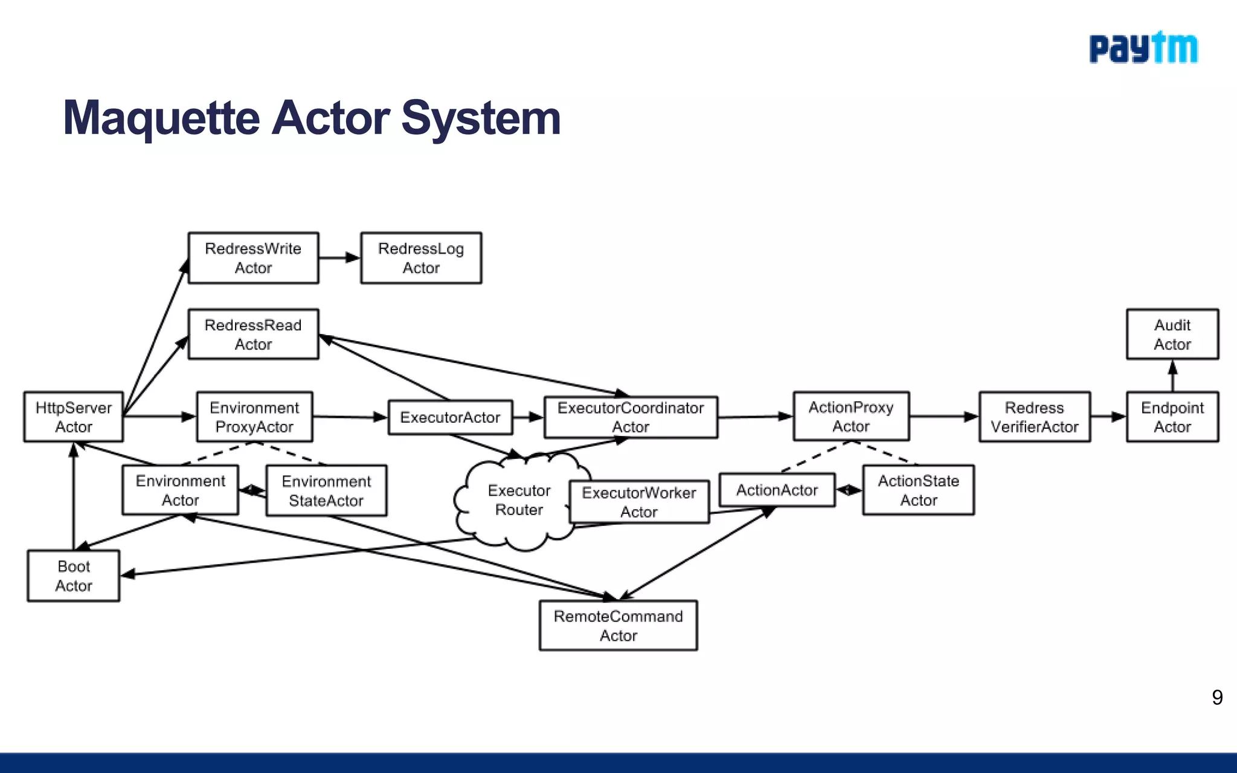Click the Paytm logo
[x=1143, y=48]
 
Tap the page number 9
[x=1217, y=698]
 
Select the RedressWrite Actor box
[x=253, y=258]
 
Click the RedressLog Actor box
[x=421, y=258]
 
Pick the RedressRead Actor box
[x=253, y=335]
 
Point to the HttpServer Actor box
[x=74, y=417]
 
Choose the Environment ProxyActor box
[x=254, y=417]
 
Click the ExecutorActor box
[x=450, y=417]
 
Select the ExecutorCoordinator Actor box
[x=631, y=417]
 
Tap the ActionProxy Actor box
[x=851, y=417]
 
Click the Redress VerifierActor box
[x=1034, y=417]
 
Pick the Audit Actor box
[x=1172, y=335]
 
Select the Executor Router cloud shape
[x=518, y=501]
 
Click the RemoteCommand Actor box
[x=618, y=626]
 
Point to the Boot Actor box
[x=74, y=576]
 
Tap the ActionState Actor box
[x=918, y=490]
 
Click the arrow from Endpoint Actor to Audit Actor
[x=1172, y=376]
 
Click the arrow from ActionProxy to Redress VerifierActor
[x=943, y=416]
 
